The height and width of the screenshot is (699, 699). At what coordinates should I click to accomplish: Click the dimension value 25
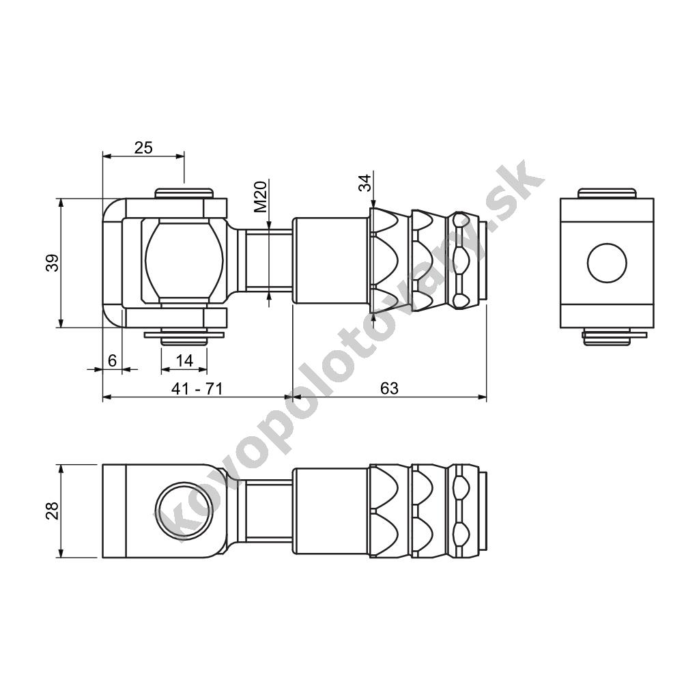coord(143,147)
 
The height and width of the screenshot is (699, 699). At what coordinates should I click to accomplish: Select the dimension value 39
coord(53,263)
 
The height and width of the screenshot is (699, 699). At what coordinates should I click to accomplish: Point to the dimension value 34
coord(365,183)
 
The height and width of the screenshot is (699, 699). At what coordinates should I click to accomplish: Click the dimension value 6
coord(113,360)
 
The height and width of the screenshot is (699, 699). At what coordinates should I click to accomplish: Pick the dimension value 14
coord(184,360)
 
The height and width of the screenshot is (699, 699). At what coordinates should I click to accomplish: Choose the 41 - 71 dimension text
coord(197,388)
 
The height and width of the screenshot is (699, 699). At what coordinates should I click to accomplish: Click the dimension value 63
coord(389,388)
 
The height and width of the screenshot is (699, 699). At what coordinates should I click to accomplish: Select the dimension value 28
coord(53,511)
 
